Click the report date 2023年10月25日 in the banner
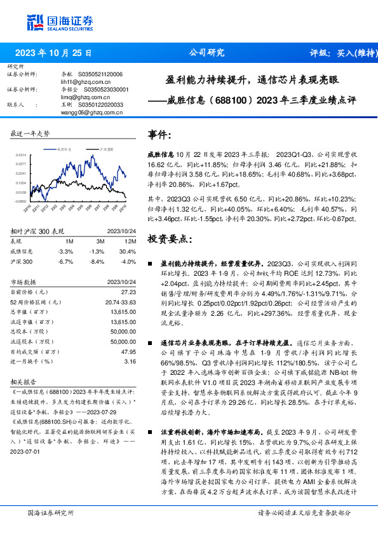point(53,53)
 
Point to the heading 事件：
point(159,135)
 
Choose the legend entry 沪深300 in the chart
point(106,147)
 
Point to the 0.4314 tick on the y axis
point(20,155)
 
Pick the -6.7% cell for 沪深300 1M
point(65,261)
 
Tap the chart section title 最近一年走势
point(30,133)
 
